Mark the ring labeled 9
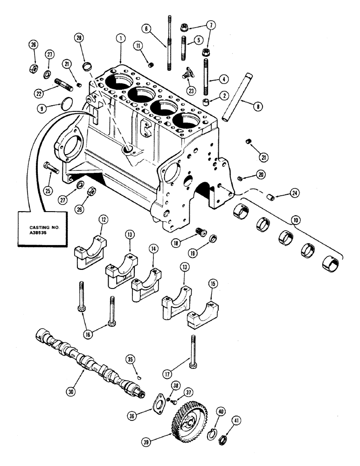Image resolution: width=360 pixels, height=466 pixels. click(x=67, y=102)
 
